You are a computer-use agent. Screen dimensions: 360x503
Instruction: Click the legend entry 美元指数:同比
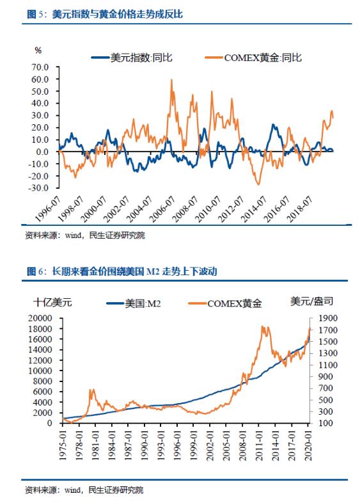(132, 58)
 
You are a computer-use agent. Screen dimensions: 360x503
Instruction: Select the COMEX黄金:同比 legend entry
(253, 58)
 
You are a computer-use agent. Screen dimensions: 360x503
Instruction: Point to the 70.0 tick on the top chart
(40, 67)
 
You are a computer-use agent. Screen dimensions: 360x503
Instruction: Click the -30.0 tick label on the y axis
(38, 188)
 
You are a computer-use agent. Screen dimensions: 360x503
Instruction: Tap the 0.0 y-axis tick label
(42, 152)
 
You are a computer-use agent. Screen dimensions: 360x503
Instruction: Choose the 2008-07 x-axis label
(185, 209)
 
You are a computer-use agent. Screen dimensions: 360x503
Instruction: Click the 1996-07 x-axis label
(47, 209)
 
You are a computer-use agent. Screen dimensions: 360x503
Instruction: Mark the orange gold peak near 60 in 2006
(171, 80)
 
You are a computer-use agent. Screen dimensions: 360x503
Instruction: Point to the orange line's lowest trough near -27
(259, 184)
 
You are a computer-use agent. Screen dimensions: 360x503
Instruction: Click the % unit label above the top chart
(38, 51)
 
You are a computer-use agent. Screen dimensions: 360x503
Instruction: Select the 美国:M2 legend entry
(134, 303)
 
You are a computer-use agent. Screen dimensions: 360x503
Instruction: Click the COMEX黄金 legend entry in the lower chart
(225, 303)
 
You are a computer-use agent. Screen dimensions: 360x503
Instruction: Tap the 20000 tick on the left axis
(40, 318)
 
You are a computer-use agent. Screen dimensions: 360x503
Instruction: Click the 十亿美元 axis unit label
(52, 302)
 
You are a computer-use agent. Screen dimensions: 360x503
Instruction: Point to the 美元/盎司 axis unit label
(311, 301)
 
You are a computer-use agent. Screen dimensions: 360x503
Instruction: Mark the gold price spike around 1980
(91, 390)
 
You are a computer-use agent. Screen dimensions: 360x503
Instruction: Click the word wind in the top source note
(73, 236)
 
